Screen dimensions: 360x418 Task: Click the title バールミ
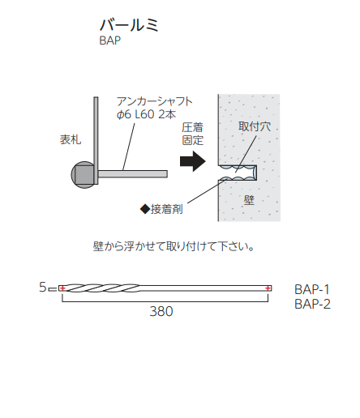tap(129, 25)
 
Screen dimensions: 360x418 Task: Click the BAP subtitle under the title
tap(110, 41)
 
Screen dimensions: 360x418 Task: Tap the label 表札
tap(71, 139)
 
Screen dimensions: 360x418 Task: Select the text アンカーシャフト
tap(155, 101)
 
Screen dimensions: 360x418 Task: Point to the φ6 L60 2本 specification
tap(146, 114)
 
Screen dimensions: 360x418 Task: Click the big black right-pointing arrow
tap(193, 161)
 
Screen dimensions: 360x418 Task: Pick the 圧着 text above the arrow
tap(192, 127)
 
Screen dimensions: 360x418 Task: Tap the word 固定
tap(192, 140)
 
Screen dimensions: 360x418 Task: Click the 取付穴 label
tap(255, 126)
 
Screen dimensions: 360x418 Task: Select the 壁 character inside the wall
tap(249, 200)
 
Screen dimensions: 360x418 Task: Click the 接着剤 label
tap(167, 209)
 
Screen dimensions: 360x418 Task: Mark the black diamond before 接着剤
tap(145, 209)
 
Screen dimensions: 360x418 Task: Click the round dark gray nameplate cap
tap(83, 175)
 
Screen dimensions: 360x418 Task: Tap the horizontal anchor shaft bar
tap(133, 174)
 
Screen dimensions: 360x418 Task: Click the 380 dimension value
tap(161, 311)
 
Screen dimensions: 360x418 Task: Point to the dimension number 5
tap(43, 287)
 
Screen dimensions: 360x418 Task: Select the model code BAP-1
tap(312, 290)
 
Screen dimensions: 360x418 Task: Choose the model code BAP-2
tap(312, 305)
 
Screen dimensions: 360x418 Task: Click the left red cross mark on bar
tap(62, 288)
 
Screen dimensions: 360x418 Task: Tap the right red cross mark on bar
tap(268, 288)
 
